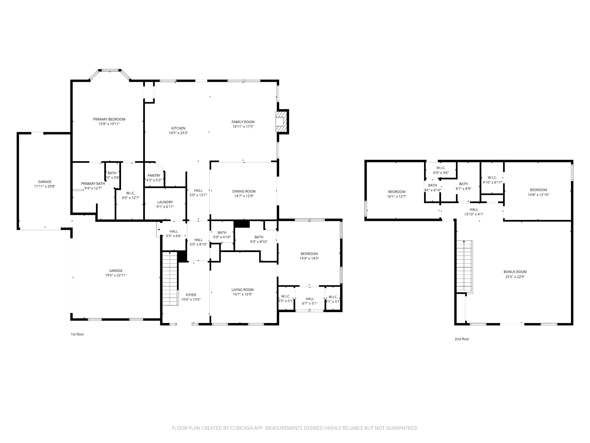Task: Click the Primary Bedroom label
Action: point(109,119)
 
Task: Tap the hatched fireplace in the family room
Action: point(282,122)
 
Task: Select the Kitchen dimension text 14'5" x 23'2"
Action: point(178,133)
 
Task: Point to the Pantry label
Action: point(154,176)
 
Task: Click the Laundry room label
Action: point(165,202)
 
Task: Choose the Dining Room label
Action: point(244,192)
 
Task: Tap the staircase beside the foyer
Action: point(170,279)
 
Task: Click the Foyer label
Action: point(191,295)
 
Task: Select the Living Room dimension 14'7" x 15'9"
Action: point(243,294)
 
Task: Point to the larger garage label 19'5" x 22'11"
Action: point(116,275)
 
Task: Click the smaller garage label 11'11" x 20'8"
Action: point(45,186)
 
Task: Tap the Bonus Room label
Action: point(515,272)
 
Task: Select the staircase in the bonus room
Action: point(464,266)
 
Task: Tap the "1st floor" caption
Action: point(77,334)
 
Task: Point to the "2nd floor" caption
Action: point(462,339)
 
